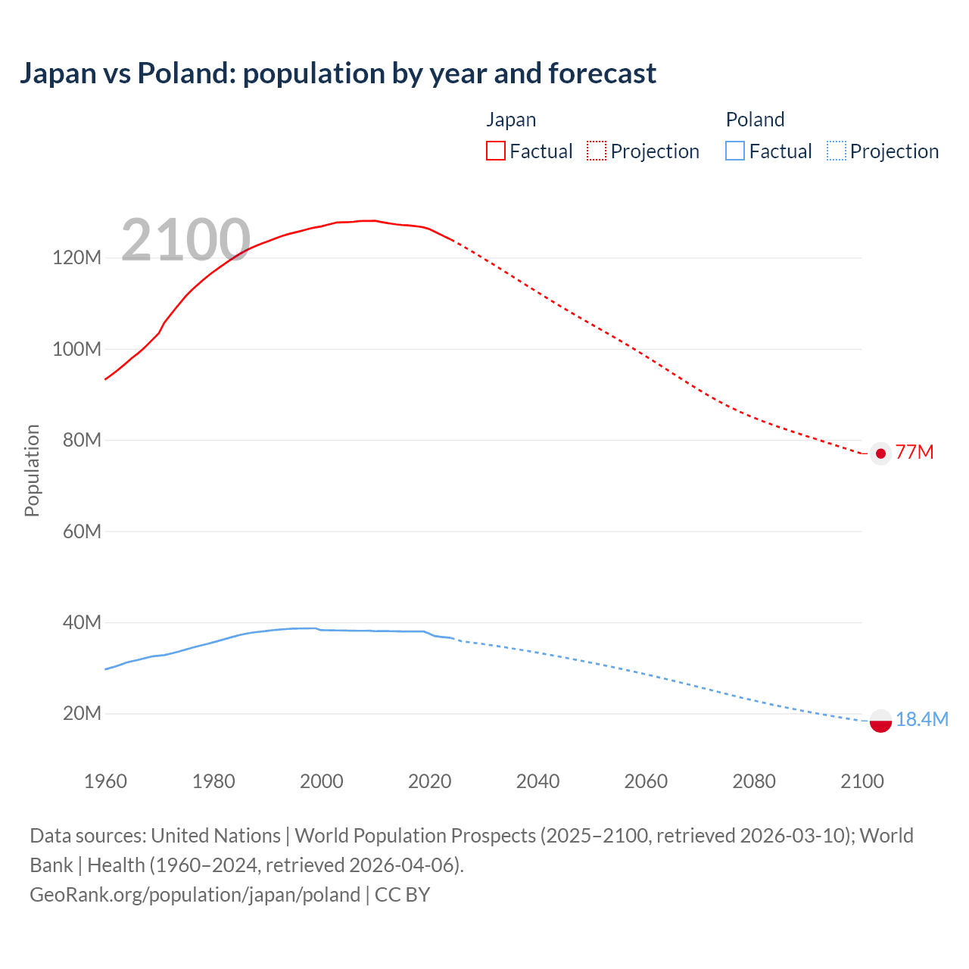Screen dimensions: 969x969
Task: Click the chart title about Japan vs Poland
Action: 338,73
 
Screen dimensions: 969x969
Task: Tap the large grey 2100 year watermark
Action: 185,240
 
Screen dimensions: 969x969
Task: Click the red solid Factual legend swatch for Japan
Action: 495,151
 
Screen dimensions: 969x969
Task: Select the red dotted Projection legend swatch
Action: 597,151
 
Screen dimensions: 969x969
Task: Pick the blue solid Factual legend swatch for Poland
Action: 734,151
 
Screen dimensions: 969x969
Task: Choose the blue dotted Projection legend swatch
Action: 836,151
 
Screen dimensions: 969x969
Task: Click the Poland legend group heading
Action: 755,120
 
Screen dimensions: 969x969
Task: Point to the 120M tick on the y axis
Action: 76,258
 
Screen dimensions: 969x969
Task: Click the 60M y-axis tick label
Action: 82,531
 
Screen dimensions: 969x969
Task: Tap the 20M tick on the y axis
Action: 82,714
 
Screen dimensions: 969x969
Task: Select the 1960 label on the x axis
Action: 105,781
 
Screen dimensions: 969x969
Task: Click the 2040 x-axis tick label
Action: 537,781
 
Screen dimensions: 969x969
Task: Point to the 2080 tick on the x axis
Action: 754,781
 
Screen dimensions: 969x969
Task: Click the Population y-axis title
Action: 32,470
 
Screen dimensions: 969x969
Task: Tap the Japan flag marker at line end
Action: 880,453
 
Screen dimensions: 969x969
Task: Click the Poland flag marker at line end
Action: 880,721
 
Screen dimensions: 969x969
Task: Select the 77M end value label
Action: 914,453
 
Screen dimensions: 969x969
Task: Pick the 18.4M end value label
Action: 921,719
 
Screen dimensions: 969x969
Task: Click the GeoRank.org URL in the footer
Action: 195,895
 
